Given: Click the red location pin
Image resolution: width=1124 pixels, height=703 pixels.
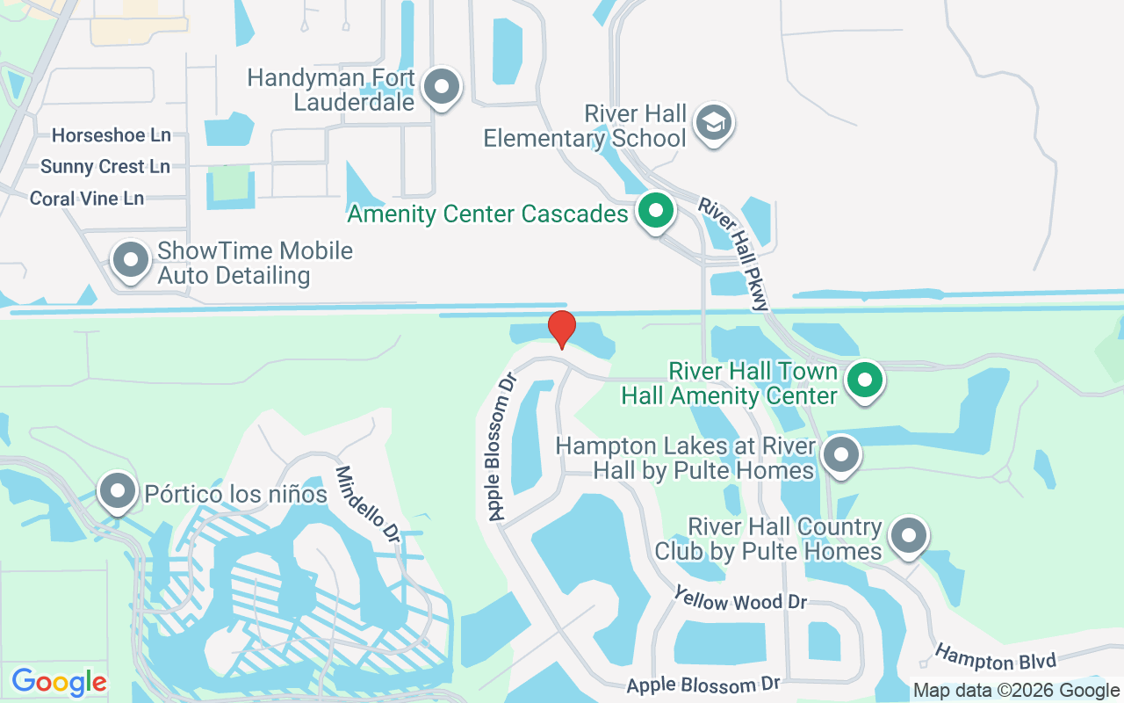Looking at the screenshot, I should pyautogui.click(x=562, y=330).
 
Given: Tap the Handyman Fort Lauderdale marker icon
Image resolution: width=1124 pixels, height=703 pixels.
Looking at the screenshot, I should pyautogui.click(x=442, y=87).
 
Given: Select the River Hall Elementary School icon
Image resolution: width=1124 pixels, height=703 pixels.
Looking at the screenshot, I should pyautogui.click(x=714, y=123).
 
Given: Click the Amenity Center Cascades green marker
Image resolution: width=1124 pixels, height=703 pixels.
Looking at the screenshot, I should pyautogui.click(x=654, y=211).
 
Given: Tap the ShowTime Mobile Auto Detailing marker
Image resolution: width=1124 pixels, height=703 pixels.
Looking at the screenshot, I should pyautogui.click(x=132, y=260).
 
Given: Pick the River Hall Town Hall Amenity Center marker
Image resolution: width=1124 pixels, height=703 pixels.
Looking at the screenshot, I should pyautogui.click(x=865, y=380).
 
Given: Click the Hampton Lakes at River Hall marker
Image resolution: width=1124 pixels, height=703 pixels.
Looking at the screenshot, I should pyautogui.click(x=841, y=455).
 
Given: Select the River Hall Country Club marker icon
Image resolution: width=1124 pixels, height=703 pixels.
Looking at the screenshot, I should pyautogui.click(x=908, y=535).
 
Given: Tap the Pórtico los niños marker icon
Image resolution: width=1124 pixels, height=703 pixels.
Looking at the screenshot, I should pyautogui.click(x=117, y=492).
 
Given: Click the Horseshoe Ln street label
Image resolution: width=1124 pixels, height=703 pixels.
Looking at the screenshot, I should pyautogui.click(x=112, y=135).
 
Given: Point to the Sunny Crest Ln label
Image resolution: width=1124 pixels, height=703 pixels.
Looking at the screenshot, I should pyautogui.click(x=105, y=167).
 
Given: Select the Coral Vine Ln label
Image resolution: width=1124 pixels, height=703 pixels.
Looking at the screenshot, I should pyautogui.click(x=87, y=199).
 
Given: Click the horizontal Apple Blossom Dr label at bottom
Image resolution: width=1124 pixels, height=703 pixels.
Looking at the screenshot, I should pyautogui.click(x=704, y=685).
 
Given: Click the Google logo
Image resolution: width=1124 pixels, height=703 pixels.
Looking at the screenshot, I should pyautogui.click(x=60, y=682).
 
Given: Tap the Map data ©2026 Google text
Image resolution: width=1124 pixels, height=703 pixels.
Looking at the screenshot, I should pyautogui.click(x=1015, y=691).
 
